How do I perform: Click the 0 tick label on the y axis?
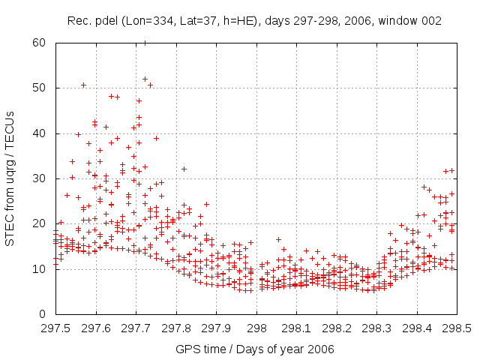pos(43,314)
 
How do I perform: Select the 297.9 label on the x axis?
pos(216,328)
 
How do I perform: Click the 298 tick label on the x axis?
pos(256,328)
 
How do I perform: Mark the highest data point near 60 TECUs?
pos(145,43)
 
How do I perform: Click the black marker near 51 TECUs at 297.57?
pos(83,85)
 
